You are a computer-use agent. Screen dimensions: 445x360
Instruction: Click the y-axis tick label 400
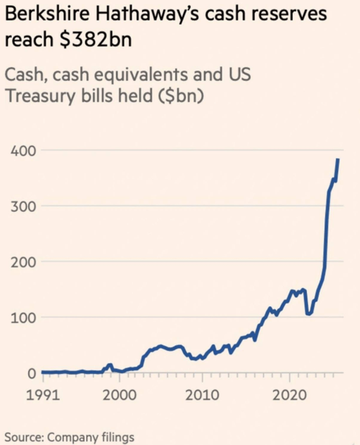click(x=23, y=151)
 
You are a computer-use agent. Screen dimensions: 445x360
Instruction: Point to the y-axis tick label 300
click(x=23, y=207)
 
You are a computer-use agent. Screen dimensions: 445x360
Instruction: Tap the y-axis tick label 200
click(x=23, y=262)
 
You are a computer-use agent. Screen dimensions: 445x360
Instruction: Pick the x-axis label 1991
click(x=43, y=395)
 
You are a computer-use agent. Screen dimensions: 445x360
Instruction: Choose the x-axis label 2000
click(x=119, y=395)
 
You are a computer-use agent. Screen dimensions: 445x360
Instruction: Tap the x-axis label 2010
click(x=202, y=395)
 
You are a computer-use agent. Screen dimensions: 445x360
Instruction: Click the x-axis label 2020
click(x=289, y=395)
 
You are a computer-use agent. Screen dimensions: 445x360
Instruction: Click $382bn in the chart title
click(x=95, y=40)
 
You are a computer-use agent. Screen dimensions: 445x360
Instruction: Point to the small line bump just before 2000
click(x=110, y=365)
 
